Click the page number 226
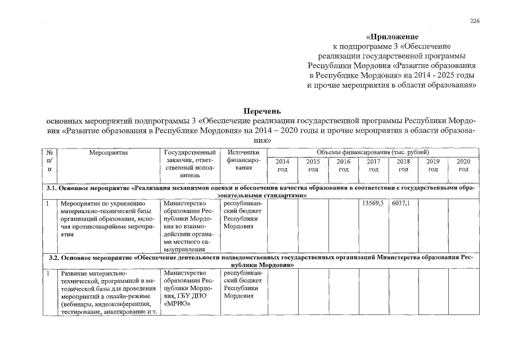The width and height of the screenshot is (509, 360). coord(475,21)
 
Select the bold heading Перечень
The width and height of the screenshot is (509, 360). coord(262,111)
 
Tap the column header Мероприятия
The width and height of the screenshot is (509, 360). coord(109,152)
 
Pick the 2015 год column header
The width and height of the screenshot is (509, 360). coord(313,165)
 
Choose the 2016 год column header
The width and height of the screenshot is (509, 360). coord(344,165)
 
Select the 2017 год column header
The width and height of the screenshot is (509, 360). coord(373,165)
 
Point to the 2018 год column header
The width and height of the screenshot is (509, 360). coord(403,165)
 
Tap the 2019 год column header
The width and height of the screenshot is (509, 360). coord(433,165)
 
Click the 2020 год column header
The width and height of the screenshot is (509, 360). coord(463,165)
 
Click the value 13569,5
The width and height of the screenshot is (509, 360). coord(373,203)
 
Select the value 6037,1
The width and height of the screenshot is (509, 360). coord(401,203)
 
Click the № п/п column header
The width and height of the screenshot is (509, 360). coord(50,160)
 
